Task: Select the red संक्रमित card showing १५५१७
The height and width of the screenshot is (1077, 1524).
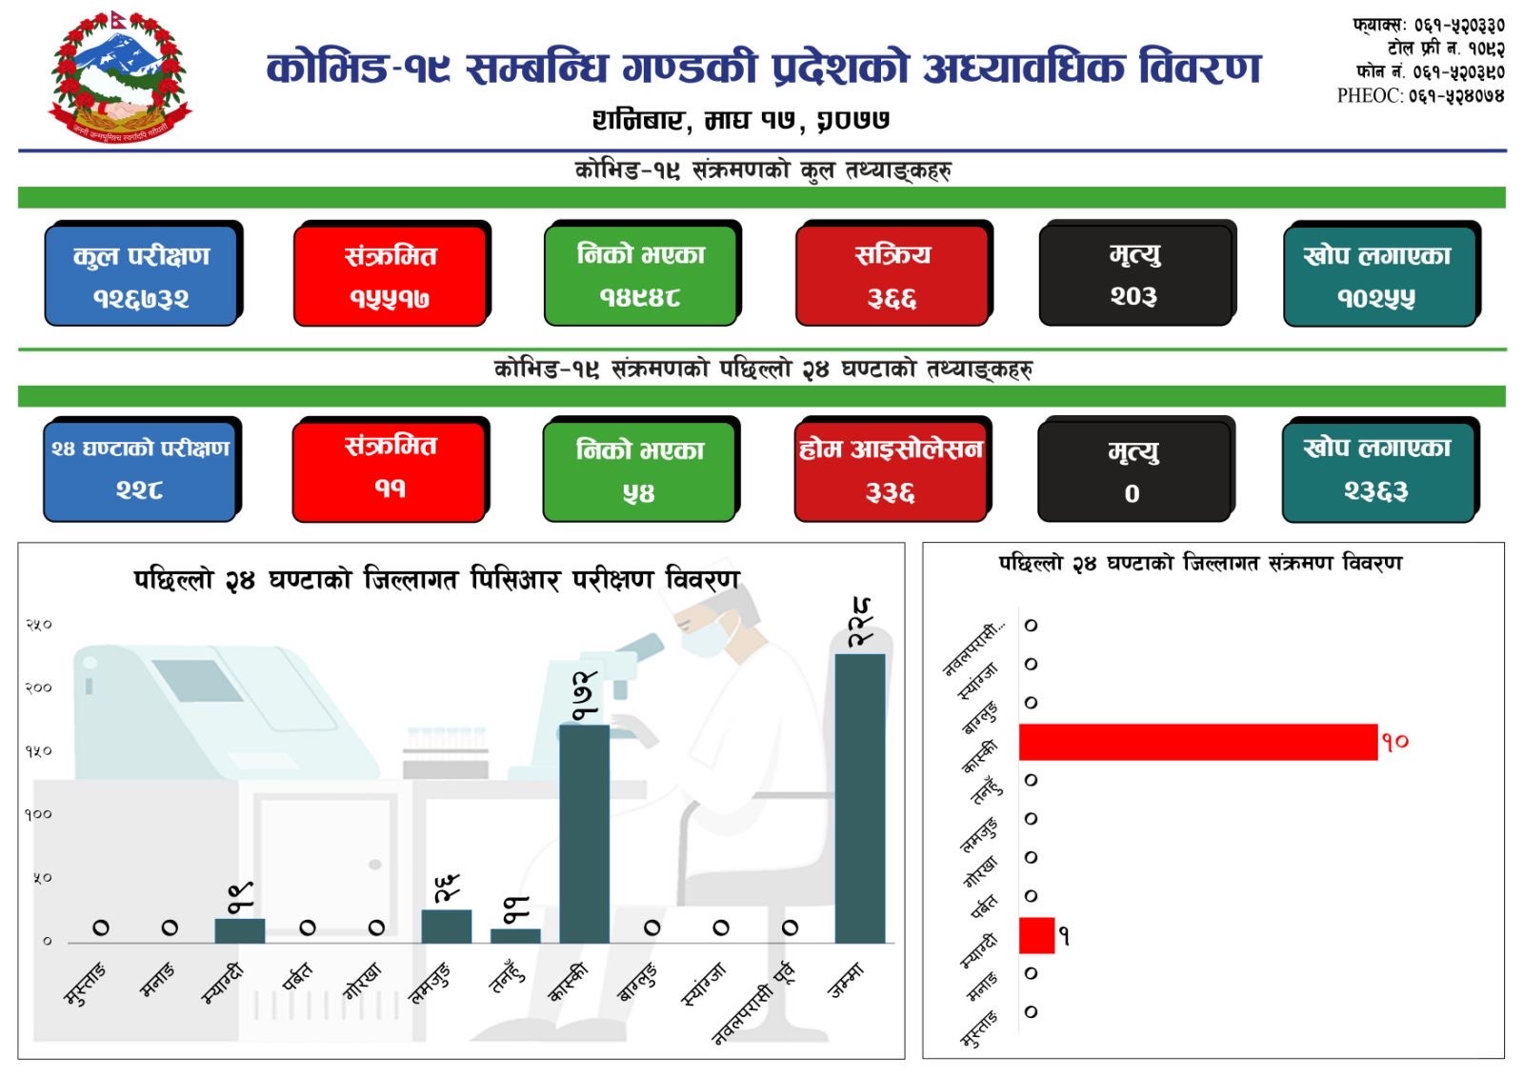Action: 391,275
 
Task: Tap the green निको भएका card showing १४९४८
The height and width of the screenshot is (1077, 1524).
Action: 640,275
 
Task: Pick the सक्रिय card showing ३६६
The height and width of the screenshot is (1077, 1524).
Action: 892,275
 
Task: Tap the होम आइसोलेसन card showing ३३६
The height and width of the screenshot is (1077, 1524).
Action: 891,470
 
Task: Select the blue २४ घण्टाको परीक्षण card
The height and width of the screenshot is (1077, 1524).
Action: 140,470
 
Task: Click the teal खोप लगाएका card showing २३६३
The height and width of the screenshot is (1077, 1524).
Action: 1377,470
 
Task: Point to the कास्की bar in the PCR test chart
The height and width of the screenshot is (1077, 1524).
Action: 584,833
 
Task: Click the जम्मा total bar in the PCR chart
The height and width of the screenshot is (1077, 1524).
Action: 859,798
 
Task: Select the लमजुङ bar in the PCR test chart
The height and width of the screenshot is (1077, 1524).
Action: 446,926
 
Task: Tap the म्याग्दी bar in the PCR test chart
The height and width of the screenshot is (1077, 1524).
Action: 240,930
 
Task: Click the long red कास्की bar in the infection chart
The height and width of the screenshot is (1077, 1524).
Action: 1197,742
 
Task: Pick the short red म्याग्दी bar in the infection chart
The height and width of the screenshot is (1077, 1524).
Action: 1036,935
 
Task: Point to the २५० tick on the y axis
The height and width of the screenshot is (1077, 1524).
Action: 38,625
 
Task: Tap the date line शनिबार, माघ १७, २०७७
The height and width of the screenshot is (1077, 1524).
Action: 741,120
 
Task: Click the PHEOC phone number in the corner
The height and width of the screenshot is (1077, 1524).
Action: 1420,95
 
